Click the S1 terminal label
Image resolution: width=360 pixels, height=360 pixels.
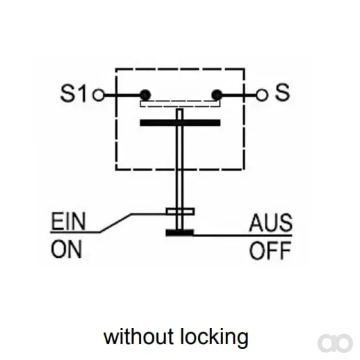(73, 93)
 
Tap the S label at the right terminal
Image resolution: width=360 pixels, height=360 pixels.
(282, 92)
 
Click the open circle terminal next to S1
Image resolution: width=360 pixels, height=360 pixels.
(99, 95)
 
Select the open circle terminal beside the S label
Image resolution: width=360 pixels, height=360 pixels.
(262, 95)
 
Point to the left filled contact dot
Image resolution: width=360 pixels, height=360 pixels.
(145, 95)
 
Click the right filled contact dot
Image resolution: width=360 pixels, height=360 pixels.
(217, 95)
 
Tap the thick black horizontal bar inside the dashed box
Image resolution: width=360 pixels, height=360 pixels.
(180, 122)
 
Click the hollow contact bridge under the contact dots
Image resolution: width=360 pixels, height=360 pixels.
(180, 104)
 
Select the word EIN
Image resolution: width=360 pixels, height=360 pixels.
(68, 221)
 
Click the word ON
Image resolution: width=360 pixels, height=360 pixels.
(67, 249)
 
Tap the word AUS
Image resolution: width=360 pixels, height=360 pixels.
(270, 222)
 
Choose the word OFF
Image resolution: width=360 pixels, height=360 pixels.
(270, 250)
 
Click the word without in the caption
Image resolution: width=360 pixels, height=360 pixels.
(138, 337)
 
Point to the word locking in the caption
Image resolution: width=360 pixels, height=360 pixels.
(214, 338)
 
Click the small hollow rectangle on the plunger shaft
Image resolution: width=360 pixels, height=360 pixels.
(180, 211)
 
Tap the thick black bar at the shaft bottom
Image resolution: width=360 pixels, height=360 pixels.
(179, 232)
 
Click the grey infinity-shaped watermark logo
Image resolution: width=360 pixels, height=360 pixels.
(335, 343)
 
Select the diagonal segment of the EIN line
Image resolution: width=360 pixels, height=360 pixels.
(115, 223)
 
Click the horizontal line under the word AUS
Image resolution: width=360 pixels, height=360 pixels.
(243, 236)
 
